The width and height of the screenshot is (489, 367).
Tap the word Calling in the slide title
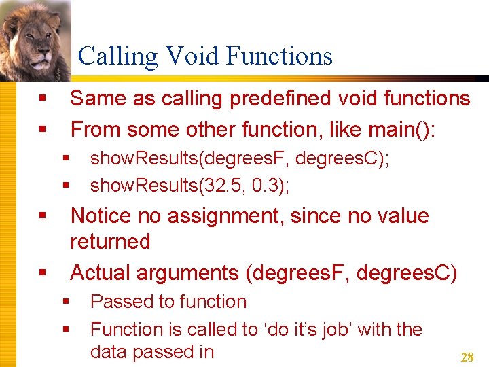[118, 56]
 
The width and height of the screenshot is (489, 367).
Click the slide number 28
[467, 357]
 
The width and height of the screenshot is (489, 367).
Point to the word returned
[110, 241]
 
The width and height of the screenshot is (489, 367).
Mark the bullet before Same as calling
[42, 99]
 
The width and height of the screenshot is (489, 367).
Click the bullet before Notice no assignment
[42, 217]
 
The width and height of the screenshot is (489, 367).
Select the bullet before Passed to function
[66, 302]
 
